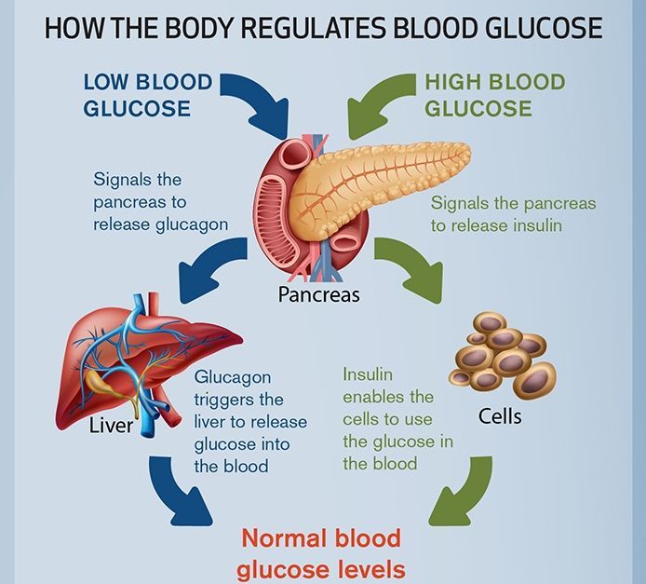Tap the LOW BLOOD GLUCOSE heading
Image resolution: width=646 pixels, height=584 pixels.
point(148,95)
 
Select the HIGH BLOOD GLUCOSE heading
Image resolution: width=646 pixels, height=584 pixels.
point(495,95)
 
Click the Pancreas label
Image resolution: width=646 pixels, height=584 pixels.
point(318,294)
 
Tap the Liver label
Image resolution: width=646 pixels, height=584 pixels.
point(112,426)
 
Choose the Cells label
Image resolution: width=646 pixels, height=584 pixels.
point(500,416)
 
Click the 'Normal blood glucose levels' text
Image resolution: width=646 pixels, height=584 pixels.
point(321,554)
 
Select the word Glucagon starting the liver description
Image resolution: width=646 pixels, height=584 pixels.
point(233,378)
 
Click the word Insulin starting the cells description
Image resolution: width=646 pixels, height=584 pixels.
point(368,374)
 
